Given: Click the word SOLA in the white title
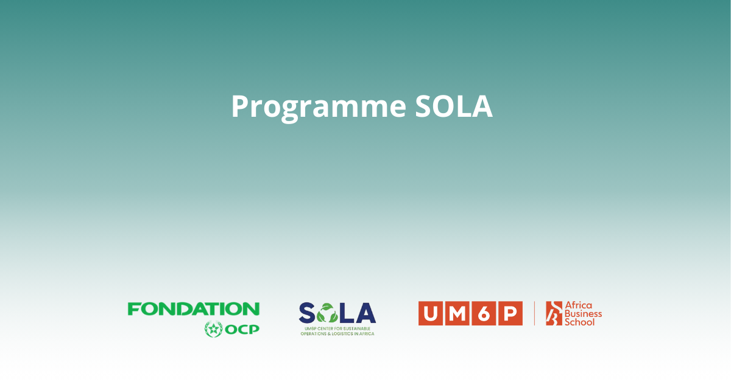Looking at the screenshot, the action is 454,106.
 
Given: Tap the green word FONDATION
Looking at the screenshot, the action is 194,308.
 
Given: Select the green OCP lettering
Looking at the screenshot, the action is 242,330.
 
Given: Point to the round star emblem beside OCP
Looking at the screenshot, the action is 214,329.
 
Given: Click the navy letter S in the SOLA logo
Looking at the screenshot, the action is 307,313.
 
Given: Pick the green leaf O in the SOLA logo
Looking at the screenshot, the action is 327,313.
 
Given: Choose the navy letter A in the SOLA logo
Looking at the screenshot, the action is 365,313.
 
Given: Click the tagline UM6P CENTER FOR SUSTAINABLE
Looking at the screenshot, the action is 337,328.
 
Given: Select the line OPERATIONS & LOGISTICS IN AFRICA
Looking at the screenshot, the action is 337,334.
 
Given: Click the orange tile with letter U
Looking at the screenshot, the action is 431,313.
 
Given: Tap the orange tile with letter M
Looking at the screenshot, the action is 457,313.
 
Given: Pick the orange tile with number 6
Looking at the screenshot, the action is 484,313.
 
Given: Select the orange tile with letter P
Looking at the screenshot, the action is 510,313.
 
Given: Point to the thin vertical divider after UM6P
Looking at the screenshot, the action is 535,313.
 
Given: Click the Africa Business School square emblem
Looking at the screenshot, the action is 554,313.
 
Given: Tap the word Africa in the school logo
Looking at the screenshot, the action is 578,305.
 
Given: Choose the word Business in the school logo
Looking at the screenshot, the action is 583,313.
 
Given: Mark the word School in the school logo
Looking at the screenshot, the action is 580,322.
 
